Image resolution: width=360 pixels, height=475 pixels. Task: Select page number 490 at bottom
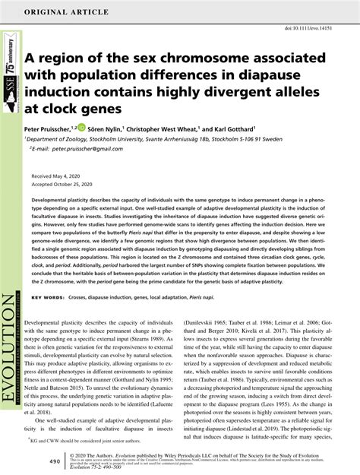click(33, 461)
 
